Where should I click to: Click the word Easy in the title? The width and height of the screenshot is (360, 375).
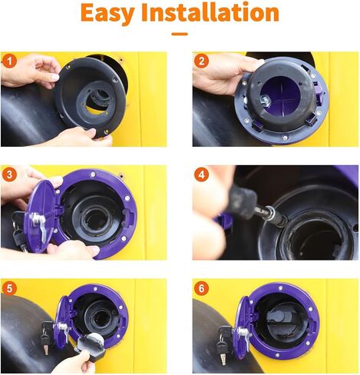(x=107, y=13)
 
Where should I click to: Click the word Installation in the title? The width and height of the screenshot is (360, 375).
(x=210, y=12)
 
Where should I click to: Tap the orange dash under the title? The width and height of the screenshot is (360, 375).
(x=180, y=34)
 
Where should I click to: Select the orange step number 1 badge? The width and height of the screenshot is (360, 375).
(x=9, y=61)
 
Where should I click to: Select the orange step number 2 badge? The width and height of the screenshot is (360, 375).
(x=201, y=61)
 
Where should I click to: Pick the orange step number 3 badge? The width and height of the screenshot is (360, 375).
(x=9, y=174)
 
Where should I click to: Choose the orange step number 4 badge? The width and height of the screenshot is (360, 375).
(x=201, y=174)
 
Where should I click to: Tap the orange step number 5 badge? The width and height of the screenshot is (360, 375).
(x=9, y=288)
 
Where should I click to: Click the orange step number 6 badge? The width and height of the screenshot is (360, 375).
(x=201, y=288)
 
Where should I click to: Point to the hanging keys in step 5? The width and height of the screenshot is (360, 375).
(x=47, y=337)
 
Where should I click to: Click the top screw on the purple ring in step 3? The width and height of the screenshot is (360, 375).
(x=92, y=175)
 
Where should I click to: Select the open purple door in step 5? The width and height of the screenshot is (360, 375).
(x=62, y=324)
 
